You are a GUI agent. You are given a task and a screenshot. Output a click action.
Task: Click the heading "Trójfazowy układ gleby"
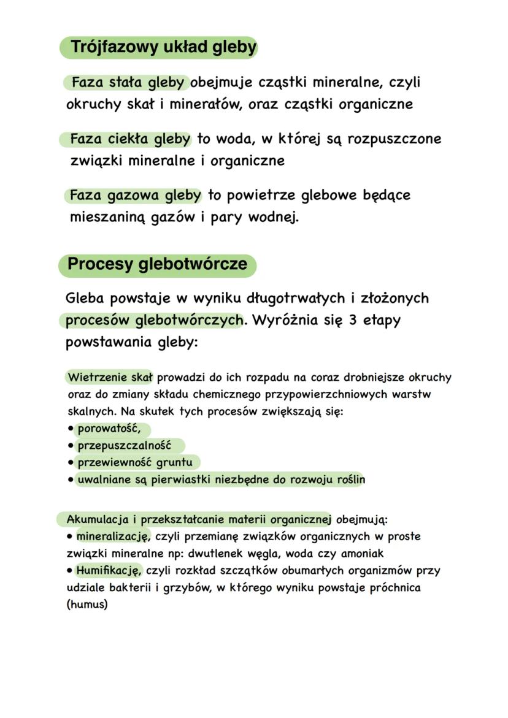click(163, 47)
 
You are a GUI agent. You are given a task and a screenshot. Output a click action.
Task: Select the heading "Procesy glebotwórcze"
click(158, 264)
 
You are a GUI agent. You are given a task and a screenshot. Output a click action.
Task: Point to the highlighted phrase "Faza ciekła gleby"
click(129, 139)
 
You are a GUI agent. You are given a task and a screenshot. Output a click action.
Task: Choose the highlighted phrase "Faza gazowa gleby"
click(135, 196)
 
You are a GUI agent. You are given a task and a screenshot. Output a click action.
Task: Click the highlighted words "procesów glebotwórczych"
click(154, 320)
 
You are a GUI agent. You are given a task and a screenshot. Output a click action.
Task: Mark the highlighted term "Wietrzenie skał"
click(110, 376)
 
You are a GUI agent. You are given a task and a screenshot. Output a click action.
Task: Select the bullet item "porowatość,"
click(109, 428)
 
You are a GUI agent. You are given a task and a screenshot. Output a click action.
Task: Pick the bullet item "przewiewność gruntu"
click(134, 462)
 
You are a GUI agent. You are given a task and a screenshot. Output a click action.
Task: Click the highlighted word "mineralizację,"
click(113, 537)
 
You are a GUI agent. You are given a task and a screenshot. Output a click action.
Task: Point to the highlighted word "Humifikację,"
click(109, 571)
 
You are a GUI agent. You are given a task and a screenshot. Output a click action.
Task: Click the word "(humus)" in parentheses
click(87, 605)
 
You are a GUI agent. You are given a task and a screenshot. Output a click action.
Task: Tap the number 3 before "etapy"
click(353, 320)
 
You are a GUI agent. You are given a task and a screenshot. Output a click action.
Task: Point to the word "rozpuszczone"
click(394, 139)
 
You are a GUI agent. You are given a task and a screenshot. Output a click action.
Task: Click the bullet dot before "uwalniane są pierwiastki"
click(71, 479)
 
